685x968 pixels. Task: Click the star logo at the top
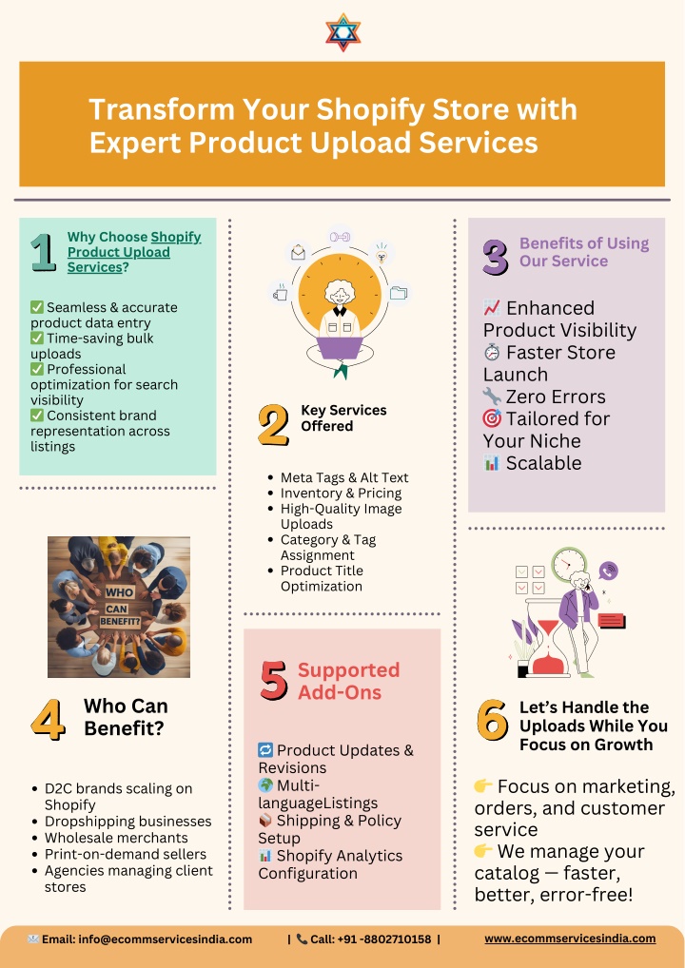(342, 32)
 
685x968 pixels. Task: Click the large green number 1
(43, 252)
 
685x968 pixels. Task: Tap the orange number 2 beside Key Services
(273, 425)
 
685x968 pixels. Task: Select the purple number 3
(496, 257)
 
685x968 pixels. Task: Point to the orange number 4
(49, 719)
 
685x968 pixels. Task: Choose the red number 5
(274, 680)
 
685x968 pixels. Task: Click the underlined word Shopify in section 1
(176, 237)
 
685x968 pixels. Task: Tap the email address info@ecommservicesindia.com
(166, 939)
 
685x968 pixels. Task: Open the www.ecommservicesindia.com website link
(570, 939)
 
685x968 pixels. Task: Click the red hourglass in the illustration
(547, 647)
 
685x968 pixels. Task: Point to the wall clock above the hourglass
(569, 564)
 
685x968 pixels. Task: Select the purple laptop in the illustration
(340, 348)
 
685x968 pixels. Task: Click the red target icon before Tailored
(492, 418)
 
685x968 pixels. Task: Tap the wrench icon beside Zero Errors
(492, 396)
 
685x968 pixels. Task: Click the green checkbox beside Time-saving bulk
(37, 339)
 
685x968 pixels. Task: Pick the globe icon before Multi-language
(265, 785)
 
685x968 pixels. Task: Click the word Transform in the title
(162, 110)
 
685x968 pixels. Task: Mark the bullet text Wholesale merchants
(116, 838)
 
